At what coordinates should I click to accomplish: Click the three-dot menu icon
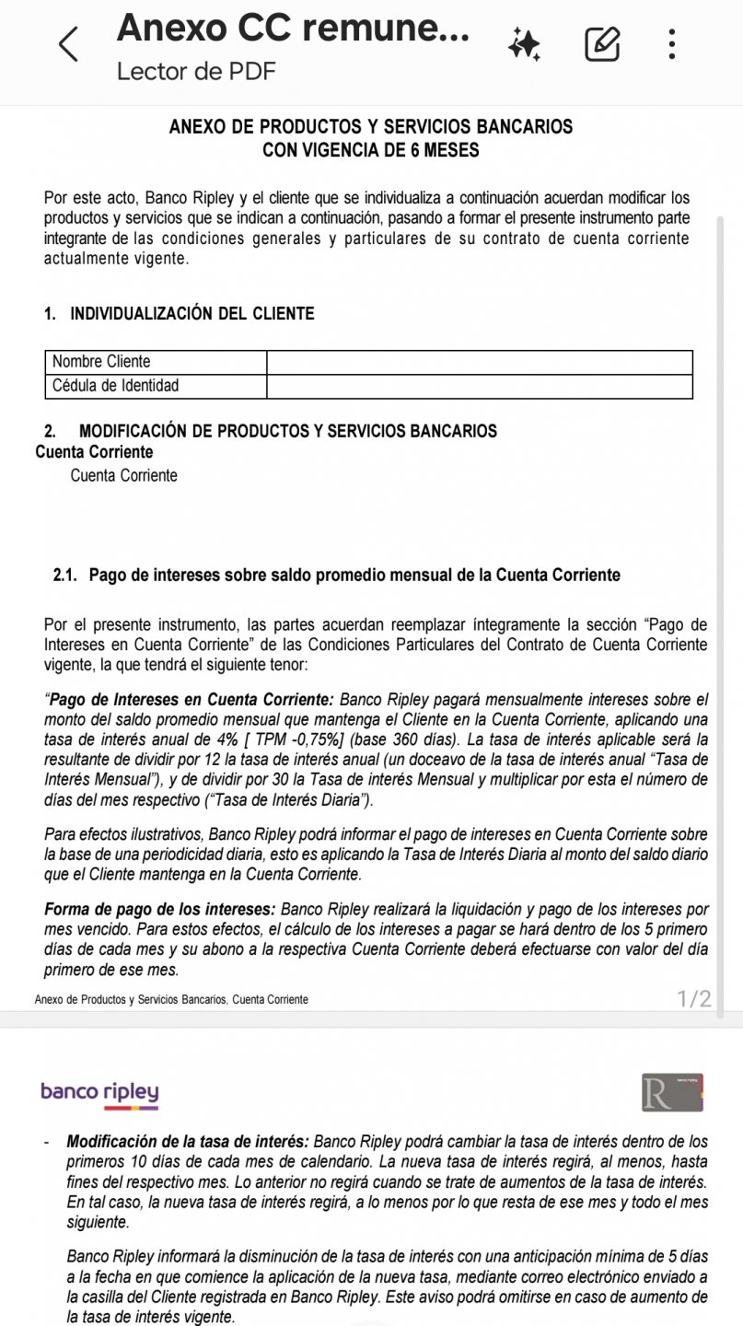pos(673,44)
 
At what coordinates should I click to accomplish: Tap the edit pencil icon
pos(602,44)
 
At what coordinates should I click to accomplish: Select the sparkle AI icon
pos(526,44)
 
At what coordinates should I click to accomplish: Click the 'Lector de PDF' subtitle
pos(196,72)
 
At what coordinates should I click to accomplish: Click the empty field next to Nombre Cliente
pos(479,362)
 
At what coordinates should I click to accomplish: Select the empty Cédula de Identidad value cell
pos(479,386)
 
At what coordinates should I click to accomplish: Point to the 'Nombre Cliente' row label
pos(101,362)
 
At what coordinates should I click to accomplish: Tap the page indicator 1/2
pos(693,998)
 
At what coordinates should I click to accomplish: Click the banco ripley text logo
pos(99,1093)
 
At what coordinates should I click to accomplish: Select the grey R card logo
pos(672,1091)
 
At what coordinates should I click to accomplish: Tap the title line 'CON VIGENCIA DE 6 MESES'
pos(370,150)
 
